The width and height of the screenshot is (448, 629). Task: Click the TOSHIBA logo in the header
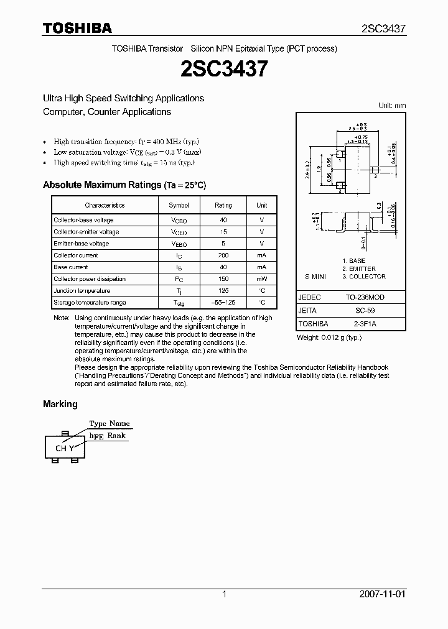(77, 28)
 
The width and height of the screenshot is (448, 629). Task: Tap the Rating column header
(223, 205)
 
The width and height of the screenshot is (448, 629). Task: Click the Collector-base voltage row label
(83, 220)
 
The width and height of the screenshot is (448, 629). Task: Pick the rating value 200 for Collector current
(223, 255)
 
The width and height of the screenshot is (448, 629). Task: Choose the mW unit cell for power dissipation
(262, 279)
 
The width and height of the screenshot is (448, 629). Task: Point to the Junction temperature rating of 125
(223, 291)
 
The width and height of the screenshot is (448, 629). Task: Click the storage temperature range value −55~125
(223, 303)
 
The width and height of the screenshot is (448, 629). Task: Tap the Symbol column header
(179, 205)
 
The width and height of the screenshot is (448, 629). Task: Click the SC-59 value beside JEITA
(364, 311)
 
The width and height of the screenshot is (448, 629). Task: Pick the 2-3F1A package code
(365, 324)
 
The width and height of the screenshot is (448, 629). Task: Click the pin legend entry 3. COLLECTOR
(364, 277)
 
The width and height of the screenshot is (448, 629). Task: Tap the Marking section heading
(60, 404)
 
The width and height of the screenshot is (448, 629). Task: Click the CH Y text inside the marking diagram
(65, 448)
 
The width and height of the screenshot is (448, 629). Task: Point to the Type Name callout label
(110, 423)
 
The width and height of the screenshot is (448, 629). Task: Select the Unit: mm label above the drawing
(392, 106)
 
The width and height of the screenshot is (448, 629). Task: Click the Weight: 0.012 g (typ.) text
(329, 337)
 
